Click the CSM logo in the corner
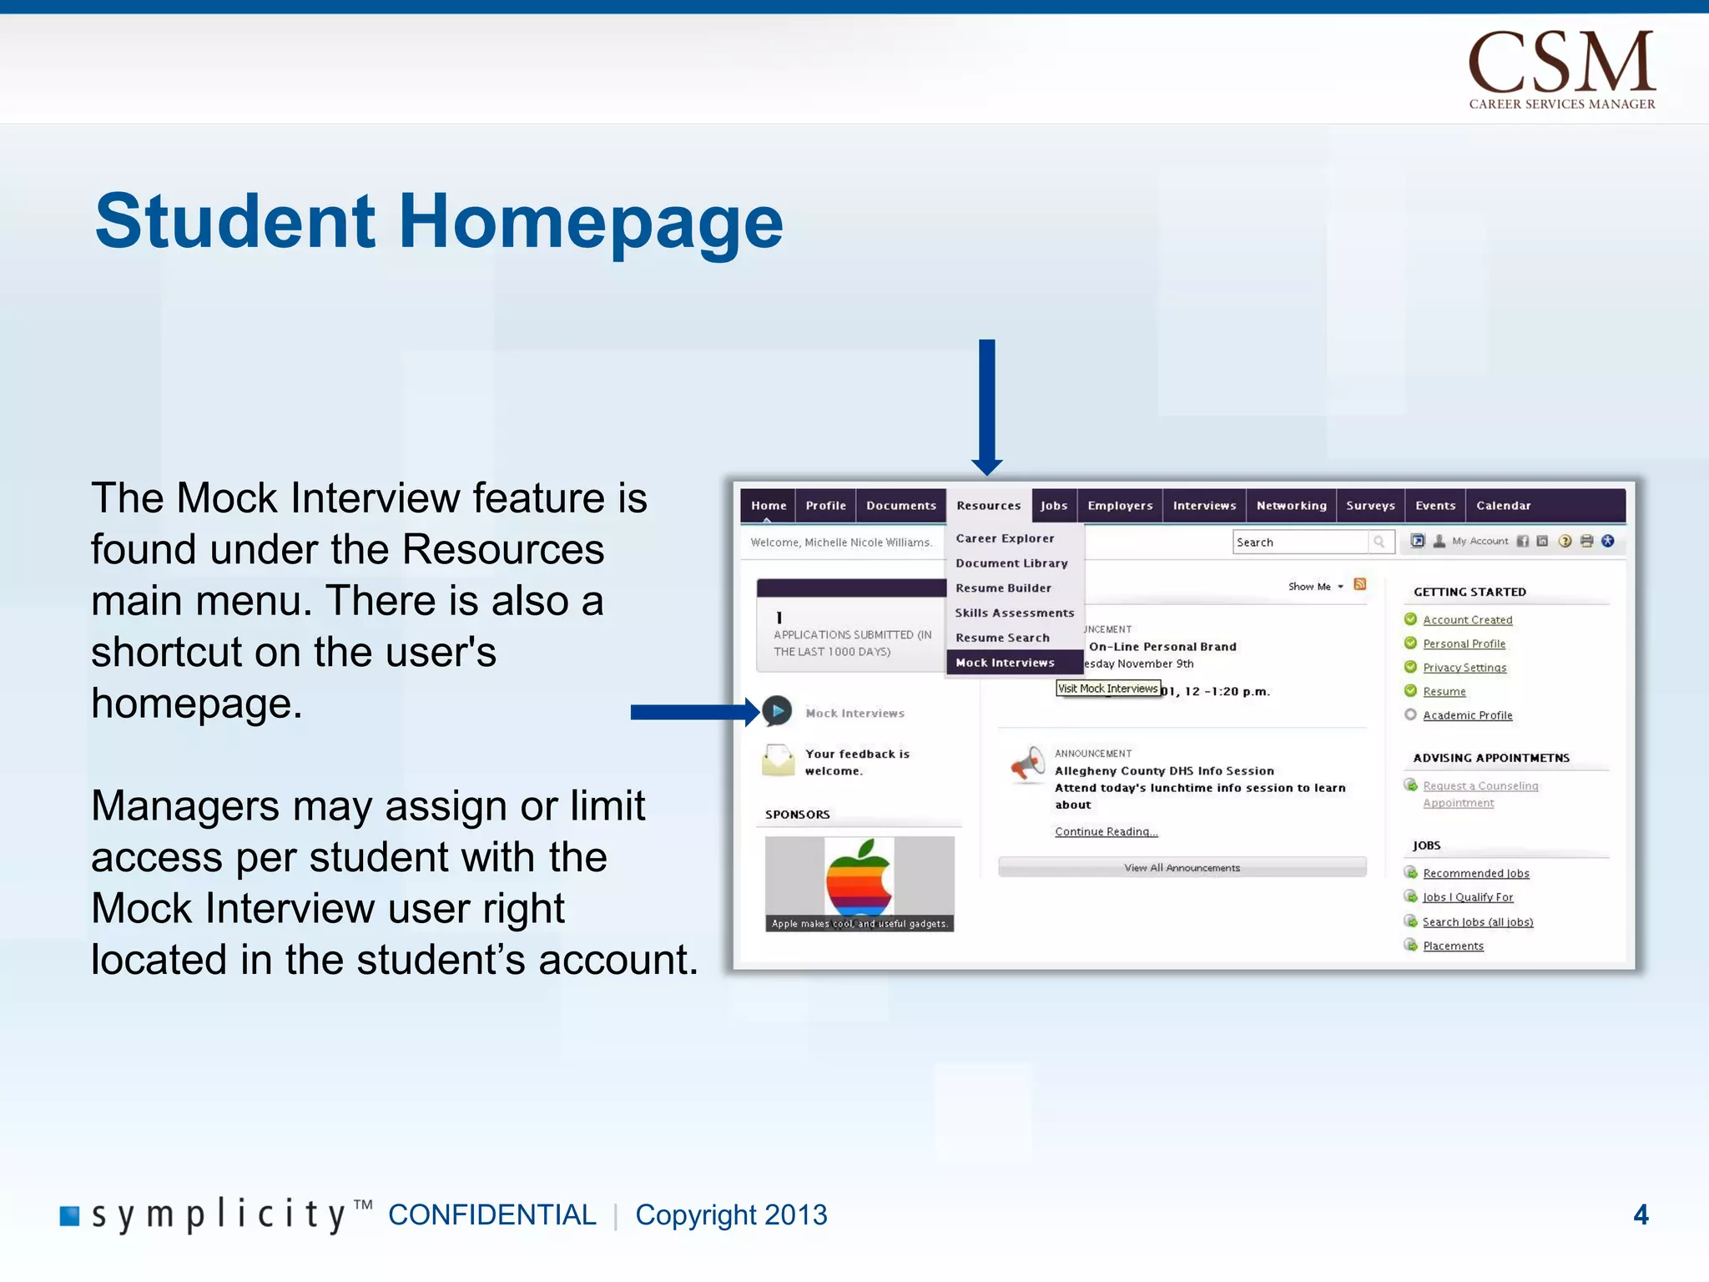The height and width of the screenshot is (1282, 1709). coord(1561,68)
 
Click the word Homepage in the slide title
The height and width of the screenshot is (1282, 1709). coord(591,222)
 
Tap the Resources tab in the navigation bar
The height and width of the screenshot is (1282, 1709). coord(988,506)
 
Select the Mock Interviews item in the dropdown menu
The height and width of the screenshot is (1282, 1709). coord(1005,663)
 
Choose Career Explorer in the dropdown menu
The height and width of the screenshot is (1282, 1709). coord(1005,538)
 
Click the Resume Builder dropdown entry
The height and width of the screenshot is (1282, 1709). coord(1003,588)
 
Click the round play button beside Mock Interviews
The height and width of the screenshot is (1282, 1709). coord(777,711)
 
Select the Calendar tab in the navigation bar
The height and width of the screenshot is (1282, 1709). coord(1503,506)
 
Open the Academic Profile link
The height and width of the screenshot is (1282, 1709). coord(1467,715)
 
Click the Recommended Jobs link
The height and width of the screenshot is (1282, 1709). coord(1475,873)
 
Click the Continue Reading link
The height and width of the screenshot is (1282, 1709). coord(1106,831)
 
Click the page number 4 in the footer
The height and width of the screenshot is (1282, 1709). coord(1640,1214)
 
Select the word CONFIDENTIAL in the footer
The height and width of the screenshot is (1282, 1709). coord(492,1214)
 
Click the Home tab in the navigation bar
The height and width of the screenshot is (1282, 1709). coord(768,506)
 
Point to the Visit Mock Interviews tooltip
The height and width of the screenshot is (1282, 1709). coord(1108,689)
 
